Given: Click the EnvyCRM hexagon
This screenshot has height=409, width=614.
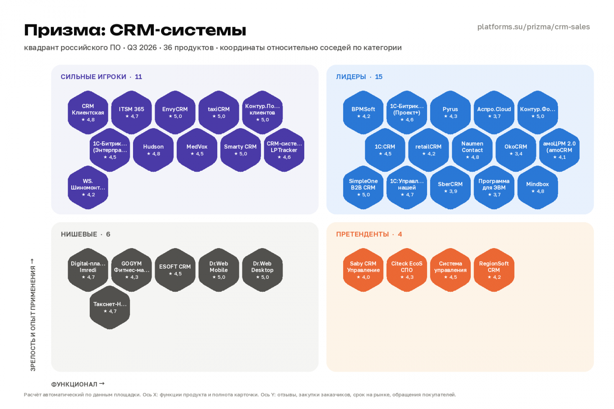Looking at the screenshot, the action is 175,112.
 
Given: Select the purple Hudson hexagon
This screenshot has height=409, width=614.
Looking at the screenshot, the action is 153,150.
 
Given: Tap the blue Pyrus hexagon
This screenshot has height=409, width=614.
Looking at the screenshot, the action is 450,112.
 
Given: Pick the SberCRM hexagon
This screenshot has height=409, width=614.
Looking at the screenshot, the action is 450,187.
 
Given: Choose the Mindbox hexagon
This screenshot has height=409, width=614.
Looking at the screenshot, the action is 538,187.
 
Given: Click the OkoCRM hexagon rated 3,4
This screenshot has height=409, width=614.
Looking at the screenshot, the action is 516,150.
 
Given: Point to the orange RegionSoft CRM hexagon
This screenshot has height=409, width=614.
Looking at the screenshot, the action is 494,270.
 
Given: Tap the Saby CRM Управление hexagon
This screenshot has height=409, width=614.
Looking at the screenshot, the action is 363,270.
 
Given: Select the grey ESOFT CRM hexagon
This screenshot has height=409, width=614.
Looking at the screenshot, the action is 175,270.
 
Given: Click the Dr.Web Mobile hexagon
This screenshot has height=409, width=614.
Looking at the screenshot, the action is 219,270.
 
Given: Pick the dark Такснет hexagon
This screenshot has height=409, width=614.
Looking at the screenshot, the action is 110,308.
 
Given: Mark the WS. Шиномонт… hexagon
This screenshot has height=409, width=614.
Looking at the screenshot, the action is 88,187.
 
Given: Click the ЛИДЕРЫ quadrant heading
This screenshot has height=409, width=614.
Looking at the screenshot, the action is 351,77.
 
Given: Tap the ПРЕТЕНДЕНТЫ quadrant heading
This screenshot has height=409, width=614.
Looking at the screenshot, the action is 362,234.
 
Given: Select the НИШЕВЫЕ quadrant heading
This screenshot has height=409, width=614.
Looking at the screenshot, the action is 79,234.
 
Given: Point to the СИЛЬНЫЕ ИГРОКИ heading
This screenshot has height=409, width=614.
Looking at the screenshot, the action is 93,77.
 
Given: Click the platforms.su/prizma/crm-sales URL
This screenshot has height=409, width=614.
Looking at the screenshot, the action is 533,27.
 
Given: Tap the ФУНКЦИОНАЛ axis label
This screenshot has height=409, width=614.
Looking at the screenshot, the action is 74,384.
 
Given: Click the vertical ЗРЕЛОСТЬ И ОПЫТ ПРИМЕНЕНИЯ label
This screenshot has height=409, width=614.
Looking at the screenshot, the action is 33,319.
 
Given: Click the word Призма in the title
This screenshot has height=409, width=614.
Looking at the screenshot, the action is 65,30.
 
